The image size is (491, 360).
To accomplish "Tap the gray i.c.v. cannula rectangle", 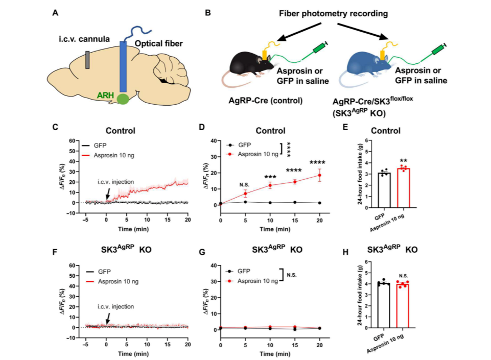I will click(88, 60).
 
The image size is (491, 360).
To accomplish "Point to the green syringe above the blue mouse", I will click(438, 50).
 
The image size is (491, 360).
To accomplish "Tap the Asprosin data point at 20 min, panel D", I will click(320, 175).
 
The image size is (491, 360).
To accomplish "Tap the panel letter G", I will click(204, 252).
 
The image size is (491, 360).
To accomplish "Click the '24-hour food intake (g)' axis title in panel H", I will click(360, 295).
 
